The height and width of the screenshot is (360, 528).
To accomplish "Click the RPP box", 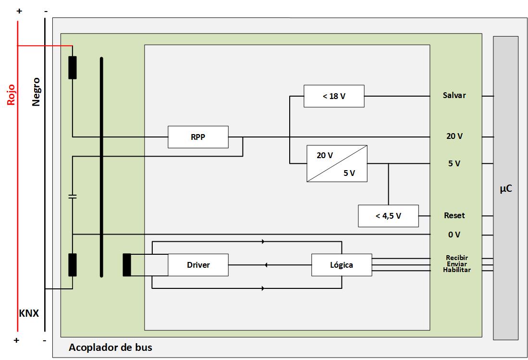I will pyautogui.click(x=197, y=137).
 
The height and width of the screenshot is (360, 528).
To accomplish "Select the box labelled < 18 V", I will pyautogui.click(x=334, y=96).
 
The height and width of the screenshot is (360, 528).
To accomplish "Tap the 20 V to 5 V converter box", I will pyautogui.click(x=337, y=163).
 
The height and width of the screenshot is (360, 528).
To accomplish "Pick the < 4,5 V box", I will pyautogui.click(x=388, y=216).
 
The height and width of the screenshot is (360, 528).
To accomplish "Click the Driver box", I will pyautogui.click(x=198, y=265).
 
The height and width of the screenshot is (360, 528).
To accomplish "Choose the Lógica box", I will pyautogui.click(x=342, y=265).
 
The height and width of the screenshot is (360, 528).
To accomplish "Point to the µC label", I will pyautogui.click(x=505, y=189).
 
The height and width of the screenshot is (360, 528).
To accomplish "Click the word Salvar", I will pyautogui.click(x=454, y=95).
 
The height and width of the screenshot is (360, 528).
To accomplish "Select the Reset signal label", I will pyautogui.click(x=454, y=215).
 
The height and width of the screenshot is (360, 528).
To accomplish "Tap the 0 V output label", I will pyautogui.click(x=454, y=235).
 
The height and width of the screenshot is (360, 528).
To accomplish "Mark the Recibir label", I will pyautogui.click(x=456, y=258).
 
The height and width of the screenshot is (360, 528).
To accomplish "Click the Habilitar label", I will pyautogui.click(x=456, y=270).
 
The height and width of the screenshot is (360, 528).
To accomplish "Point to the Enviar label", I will pyautogui.click(x=456, y=264).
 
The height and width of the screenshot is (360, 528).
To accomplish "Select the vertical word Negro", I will pyautogui.click(x=36, y=92).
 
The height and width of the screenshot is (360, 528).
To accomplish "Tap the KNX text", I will pyautogui.click(x=29, y=313).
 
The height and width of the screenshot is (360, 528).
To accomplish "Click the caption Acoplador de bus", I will pyautogui.click(x=111, y=347).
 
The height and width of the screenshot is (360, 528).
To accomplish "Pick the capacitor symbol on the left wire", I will pyautogui.click(x=73, y=197).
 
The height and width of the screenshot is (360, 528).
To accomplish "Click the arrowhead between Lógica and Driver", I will pyautogui.click(x=267, y=265).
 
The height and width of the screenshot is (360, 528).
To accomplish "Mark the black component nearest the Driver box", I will pyautogui.click(x=127, y=265).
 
